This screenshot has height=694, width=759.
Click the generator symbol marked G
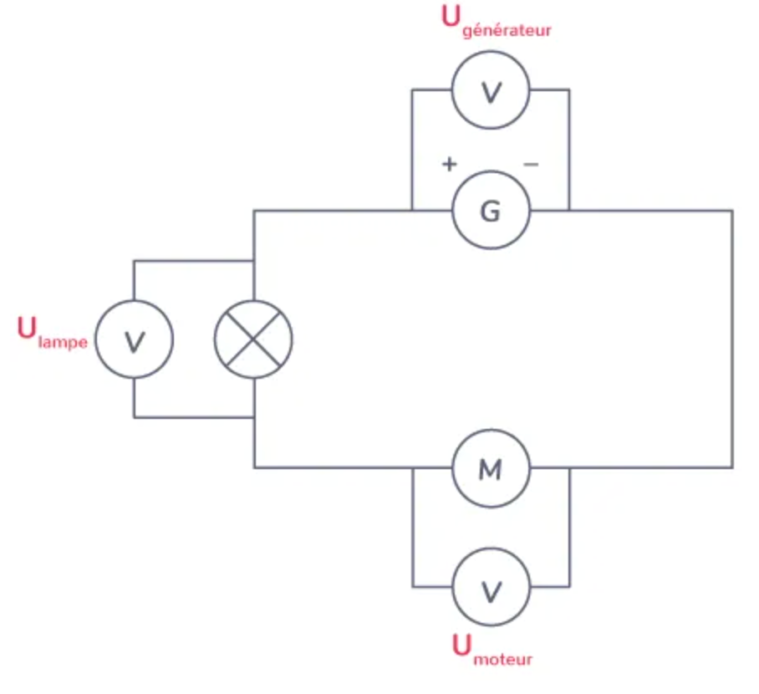click(x=491, y=211)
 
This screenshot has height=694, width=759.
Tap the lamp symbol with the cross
click(x=254, y=339)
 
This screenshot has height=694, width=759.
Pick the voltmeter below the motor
click(x=491, y=590)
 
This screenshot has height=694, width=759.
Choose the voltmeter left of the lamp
click(x=134, y=339)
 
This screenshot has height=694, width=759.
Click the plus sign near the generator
click(x=450, y=165)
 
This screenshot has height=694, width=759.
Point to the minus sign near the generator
click(x=531, y=165)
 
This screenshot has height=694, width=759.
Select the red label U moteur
click(x=492, y=651)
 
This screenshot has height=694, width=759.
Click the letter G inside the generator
click(x=491, y=212)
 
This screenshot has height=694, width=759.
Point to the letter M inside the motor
click(x=491, y=470)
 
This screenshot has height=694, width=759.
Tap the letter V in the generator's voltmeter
click(x=491, y=92)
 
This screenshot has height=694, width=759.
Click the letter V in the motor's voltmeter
click(x=491, y=592)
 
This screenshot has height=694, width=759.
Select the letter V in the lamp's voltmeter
click(x=134, y=341)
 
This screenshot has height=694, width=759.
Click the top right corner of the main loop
click(x=732, y=211)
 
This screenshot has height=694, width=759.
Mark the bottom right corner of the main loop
click(x=732, y=467)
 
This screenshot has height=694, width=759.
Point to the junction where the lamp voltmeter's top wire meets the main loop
click(x=254, y=261)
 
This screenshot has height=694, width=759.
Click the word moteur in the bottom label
click(x=502, y=659)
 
